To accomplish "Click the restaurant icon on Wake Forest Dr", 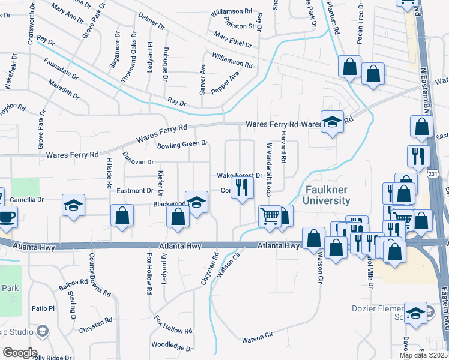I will coord(241,188).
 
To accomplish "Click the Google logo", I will coord(19,352).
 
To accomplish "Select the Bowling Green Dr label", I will coord(182,145).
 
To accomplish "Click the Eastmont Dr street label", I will coord(135,191).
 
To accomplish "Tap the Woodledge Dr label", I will coord(172,346).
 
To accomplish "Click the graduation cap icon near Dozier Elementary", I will coord(415,313).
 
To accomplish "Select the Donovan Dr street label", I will coord(138,161).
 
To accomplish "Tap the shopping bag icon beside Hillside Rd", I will coord(122,217).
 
